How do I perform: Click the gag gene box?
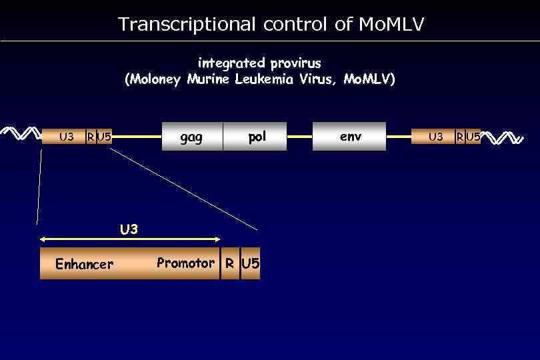point(192,137)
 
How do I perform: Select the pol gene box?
point(256,137)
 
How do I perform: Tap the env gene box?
point(349,137)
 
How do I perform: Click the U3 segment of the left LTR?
point(66,137)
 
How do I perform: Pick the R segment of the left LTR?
point(90,137)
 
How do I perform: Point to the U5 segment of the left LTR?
point(104,137)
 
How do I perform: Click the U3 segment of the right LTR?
point(435,137)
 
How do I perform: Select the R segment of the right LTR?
point(459,137)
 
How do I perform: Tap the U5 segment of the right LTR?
point(473,137)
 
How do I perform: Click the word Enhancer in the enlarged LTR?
point(84,265)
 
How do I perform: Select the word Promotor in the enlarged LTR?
point(185,263)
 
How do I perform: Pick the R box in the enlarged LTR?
point(229,263)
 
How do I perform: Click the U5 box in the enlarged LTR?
point(250,263)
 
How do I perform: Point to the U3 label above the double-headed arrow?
point(129,229)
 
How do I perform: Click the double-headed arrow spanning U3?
point(130,239)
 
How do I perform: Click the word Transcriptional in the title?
point(187,25)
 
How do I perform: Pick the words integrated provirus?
point(259,63)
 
